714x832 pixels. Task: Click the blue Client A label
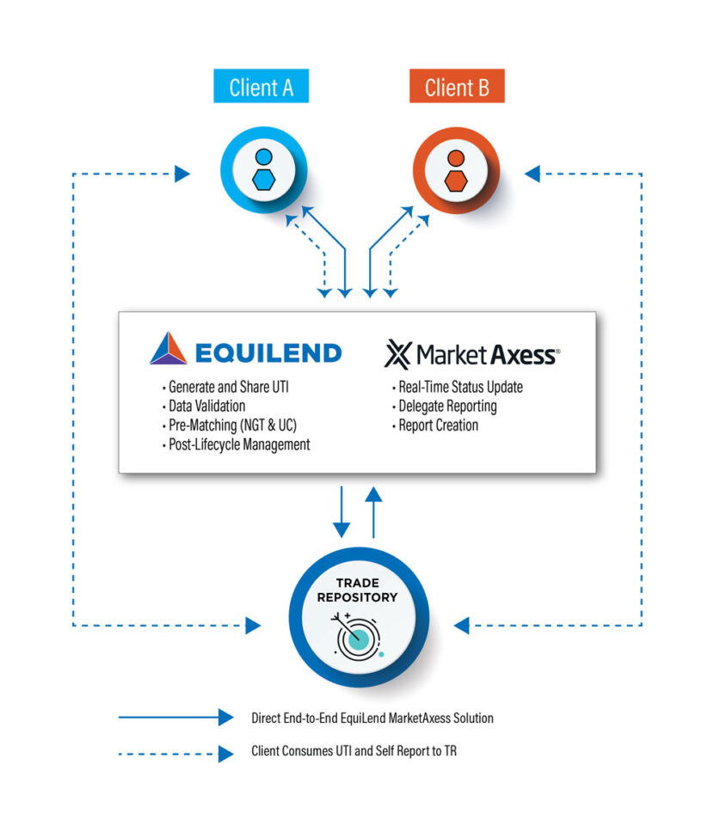click(x=261, y=87)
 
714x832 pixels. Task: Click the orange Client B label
click(x=456, y=87)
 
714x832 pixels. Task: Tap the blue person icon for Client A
click(x=264, y=168)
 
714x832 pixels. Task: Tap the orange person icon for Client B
click(x=456, y=168)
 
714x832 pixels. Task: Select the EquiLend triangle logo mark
click(x=168, y=350)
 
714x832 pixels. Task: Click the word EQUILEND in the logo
click(x=268, y=352)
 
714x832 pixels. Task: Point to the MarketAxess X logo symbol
click(x=397, y=353)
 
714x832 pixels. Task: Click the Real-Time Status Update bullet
click(x=459, y=387)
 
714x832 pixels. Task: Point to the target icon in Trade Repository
click(x=356, y=636)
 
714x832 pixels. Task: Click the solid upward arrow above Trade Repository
click(x=373, y=511)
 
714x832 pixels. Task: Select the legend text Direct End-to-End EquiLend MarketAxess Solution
click(x=372, y=718)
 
